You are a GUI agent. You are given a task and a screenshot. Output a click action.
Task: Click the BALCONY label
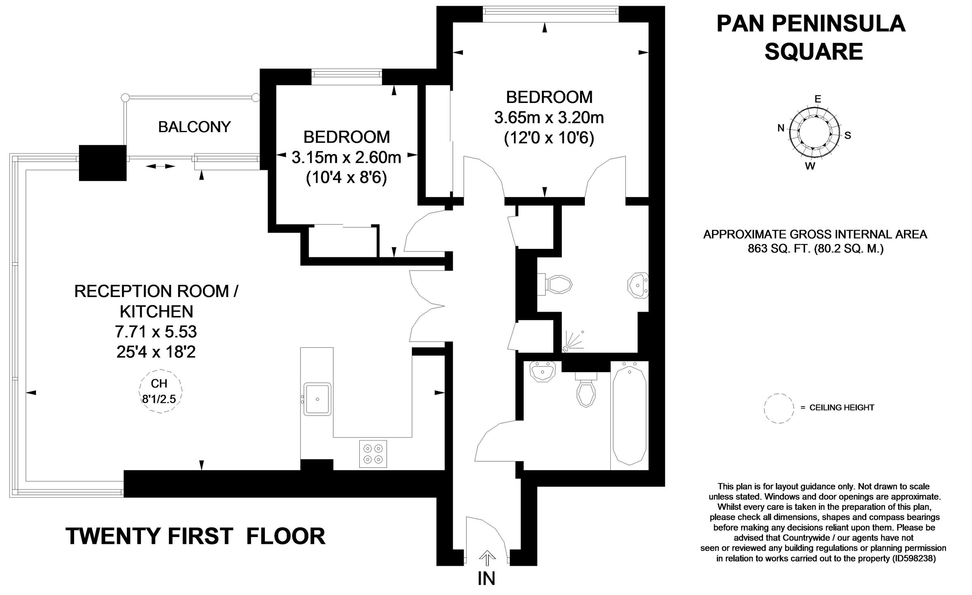(194, 127)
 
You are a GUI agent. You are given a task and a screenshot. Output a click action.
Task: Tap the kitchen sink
(318, 399)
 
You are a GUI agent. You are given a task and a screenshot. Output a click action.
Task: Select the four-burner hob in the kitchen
(373, 454)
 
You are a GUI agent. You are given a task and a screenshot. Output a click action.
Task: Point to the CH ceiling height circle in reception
(159, 391)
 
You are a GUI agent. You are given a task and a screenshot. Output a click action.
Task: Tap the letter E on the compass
(817, 99)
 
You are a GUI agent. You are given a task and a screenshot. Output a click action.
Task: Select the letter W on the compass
(810, 166)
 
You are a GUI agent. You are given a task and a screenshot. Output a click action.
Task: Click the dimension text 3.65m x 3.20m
(549, 118)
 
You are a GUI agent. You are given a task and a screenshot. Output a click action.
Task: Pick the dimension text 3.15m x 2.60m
(346, 158)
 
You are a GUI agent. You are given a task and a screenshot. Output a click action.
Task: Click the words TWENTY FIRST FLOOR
(195, 536)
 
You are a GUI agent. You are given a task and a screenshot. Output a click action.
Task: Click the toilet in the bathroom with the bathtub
(586, 391)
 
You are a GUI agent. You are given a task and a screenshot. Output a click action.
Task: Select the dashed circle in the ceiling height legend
(779, 409)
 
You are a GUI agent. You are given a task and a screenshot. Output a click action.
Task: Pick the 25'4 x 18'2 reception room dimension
(156, 352)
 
